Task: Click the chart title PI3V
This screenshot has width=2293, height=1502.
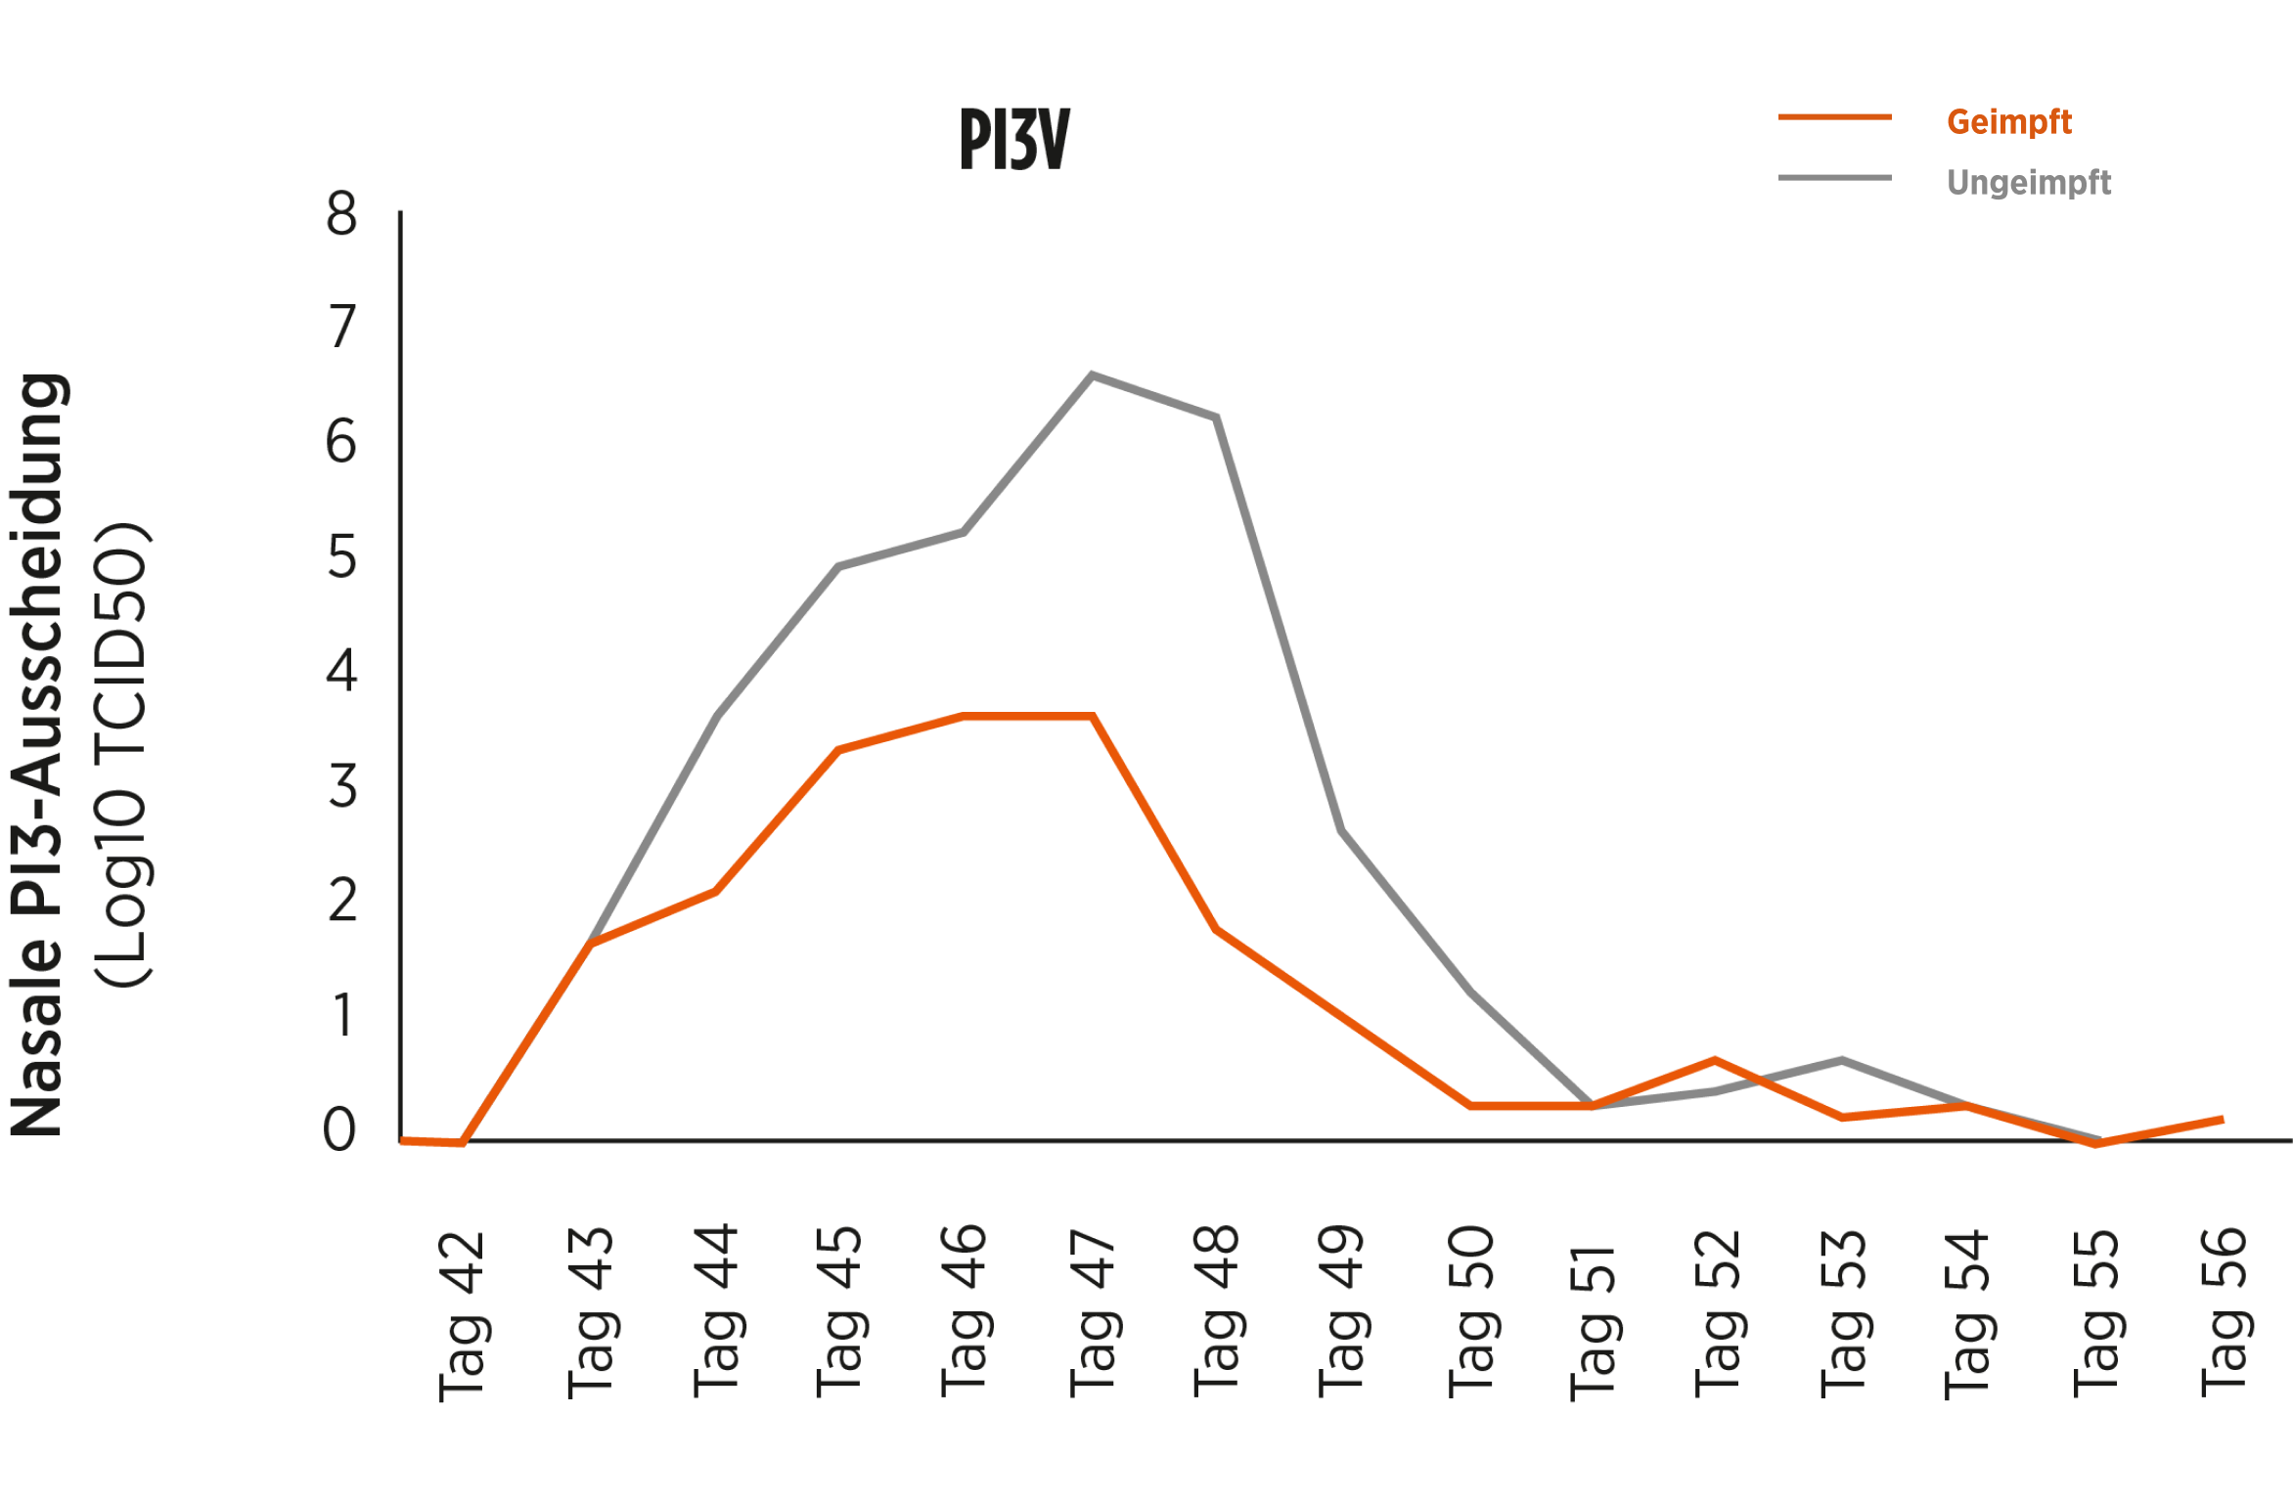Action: coord(1014,140)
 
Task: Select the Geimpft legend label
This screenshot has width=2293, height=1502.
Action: coord(2008,122)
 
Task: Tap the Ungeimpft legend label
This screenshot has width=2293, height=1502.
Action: coord(2029,183)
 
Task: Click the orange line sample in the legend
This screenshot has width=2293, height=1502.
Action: coord(1834,118)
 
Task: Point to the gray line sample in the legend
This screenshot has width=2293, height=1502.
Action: coord(1834,178)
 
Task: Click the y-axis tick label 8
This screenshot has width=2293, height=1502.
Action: coord(341,214)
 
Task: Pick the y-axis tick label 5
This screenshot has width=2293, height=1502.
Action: coord(341,557)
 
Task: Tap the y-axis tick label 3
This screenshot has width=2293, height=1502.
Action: coord(341,786)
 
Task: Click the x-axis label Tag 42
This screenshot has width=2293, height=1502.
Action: coord(462,1315)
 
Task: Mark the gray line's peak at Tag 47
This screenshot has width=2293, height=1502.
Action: coord(1092,375)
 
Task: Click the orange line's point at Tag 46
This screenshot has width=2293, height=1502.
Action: coord(964,717)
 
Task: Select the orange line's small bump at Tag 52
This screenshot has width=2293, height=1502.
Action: coord(1715,1060)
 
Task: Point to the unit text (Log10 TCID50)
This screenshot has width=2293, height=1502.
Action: coord(122,753)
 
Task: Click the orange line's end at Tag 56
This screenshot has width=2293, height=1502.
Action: coord(2223,1120)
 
